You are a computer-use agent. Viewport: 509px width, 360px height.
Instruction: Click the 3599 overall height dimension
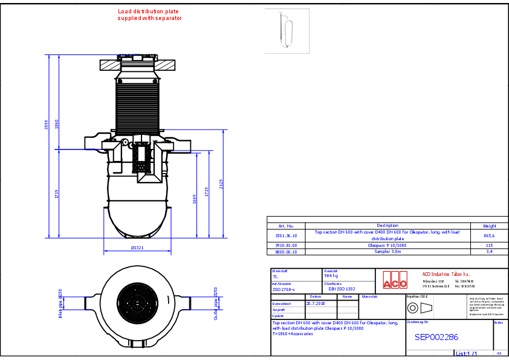point(47,125)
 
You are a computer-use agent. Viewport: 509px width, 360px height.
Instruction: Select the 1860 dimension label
point(57,124)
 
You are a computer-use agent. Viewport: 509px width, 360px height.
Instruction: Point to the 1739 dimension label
point(57,194)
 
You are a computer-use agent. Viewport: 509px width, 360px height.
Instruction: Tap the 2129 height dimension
point(221,183)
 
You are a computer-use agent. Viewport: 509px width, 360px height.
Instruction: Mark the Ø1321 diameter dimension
point(137,247)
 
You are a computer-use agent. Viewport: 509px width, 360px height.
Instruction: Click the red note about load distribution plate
point(149,15)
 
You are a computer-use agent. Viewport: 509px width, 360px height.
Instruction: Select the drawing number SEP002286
point(436,338)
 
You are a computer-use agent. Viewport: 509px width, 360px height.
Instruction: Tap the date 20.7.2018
point(315,303)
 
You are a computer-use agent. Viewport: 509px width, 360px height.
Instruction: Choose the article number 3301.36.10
point(286,235)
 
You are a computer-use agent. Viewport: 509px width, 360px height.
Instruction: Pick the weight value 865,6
point(489,235)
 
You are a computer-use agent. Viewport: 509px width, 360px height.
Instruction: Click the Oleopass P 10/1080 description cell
point(387,245)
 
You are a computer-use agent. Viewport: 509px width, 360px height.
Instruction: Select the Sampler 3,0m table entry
point(387,251)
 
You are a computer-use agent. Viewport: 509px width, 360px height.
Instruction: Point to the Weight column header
point(489,225)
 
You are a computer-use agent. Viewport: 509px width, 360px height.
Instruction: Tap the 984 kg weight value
point(331,276)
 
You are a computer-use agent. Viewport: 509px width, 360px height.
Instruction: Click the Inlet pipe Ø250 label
point(60,303)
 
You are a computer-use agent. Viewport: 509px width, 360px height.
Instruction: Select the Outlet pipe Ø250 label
point(215,303)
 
